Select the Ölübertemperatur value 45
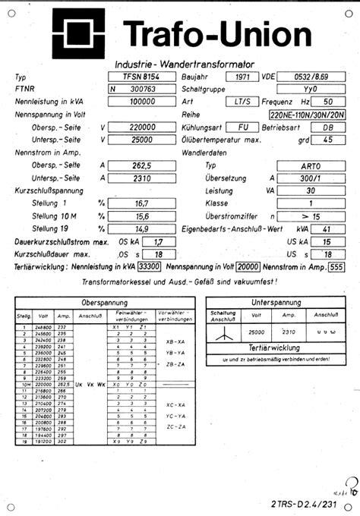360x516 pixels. [328, 140]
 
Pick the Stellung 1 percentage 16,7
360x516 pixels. [140, 203]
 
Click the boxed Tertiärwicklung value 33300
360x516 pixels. [149, 267]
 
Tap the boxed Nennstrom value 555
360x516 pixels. [336, 267]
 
